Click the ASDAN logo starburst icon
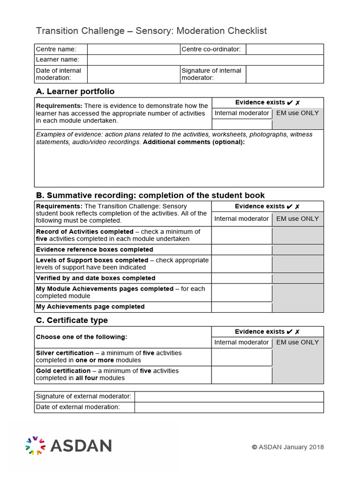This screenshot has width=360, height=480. click(x=35, y=445)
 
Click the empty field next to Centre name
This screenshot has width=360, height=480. click(x=134, y=49)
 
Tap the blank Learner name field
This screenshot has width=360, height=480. click(x=205, y=60)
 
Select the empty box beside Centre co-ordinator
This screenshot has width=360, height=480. click(x=285, y=49)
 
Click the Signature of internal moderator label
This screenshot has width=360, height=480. click(x=211, y=74)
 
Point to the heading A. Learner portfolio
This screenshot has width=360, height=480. click(x=75, y=91)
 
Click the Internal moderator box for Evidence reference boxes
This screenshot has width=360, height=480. click(x=242, y=250)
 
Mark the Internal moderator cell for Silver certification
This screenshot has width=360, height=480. click(x=242, y=357)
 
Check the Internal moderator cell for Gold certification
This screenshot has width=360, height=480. click(x=242, y=375)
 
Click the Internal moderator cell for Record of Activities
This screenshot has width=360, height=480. click(x=242, y=235)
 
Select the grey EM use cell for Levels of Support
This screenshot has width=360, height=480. click(x=298, y=264)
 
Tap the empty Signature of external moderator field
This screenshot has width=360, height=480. click(x=229, y=397)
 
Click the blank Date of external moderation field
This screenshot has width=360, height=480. click(x=229, y=407)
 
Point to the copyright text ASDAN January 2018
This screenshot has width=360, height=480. click(x=288, y=447)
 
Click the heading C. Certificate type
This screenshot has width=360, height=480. click(x=72, y=320)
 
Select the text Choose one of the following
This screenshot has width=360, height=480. click(x=82, y=337)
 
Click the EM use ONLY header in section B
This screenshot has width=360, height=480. click(x=298, y=218)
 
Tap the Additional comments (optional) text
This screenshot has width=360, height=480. click(x=194, y=142)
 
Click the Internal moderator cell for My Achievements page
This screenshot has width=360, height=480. click(x=242, y=307)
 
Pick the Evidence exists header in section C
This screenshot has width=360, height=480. click(x=267, y=331)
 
